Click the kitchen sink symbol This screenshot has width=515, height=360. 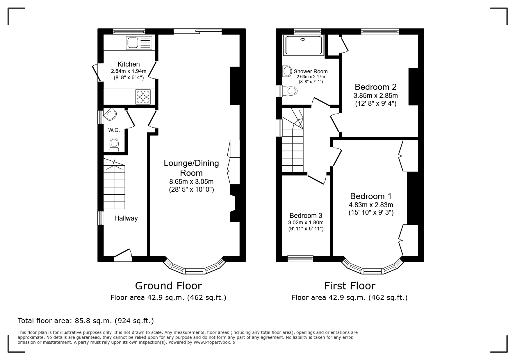click(x=139, y=43)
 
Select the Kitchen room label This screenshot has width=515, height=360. click(x=129, y=64)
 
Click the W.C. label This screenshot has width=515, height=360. click(x=114, y=130)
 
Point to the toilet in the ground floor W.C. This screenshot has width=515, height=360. click(x=114, y=145)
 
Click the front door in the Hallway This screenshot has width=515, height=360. click(x=123, y=254)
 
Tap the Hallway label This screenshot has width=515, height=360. click(x=126, y=218)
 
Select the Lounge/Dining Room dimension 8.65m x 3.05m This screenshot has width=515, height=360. click(x=191, y=182)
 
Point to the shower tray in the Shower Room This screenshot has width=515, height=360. click(x=304, y=45)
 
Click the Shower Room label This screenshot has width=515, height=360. click(x=311, y=71)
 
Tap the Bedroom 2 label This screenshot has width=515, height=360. click(x=375, y=87)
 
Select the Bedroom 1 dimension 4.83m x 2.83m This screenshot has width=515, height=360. click(x=371, y=205)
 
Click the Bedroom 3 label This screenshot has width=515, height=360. click(x=306, y=216)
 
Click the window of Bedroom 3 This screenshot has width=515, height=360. click(x=300, y=259)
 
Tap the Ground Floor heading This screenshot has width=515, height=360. click(x=168, y=286)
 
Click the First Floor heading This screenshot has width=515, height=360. click(x=350, y=286)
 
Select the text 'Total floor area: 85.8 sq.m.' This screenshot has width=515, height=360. click(x=65, y=321)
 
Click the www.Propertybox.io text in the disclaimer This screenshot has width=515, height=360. click(x=214, y=342)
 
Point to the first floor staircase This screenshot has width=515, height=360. click(x=293, y=145)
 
